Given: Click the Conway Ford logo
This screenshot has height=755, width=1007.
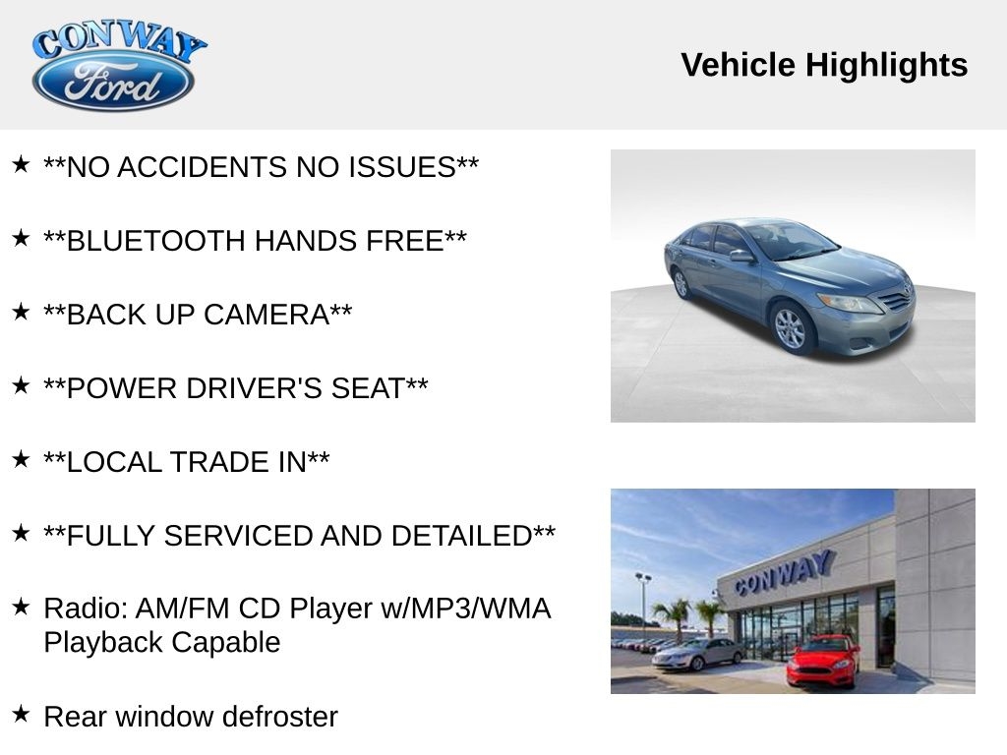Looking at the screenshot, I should tap(118, 66).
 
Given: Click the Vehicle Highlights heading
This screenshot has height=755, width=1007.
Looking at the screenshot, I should tap(824, 65).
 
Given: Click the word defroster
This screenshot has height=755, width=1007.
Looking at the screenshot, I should tap(280, 717).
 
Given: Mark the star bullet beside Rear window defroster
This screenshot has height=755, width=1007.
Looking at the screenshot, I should tap(21, 714).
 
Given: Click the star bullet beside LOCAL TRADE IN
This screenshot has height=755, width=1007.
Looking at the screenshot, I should tap(21, 459).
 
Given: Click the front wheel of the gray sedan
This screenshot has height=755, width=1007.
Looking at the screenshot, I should tap(790, 327).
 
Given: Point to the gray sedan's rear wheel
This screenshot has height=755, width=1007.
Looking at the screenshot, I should tap(681, 283).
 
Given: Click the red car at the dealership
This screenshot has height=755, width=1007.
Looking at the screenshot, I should tap(823, 660).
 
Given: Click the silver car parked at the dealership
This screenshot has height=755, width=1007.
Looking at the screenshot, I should tap(698, 654).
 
